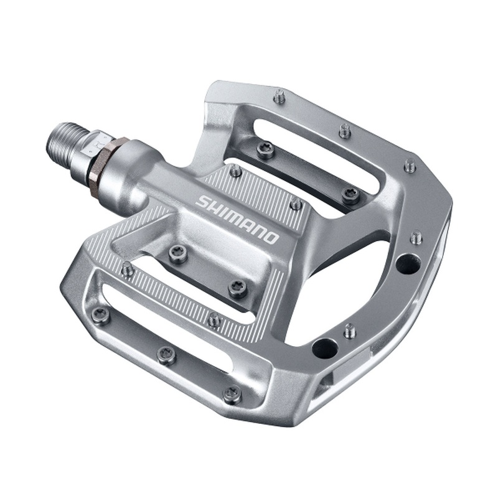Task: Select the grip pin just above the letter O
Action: tap(296, 204)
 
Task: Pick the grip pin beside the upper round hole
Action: tap(416, 237)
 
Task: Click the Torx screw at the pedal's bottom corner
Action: tap(232, 393)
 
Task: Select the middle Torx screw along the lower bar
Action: tap(166, 355)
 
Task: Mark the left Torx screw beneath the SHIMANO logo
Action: tap(176, 253)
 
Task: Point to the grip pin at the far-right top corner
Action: tap(409, 166)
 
